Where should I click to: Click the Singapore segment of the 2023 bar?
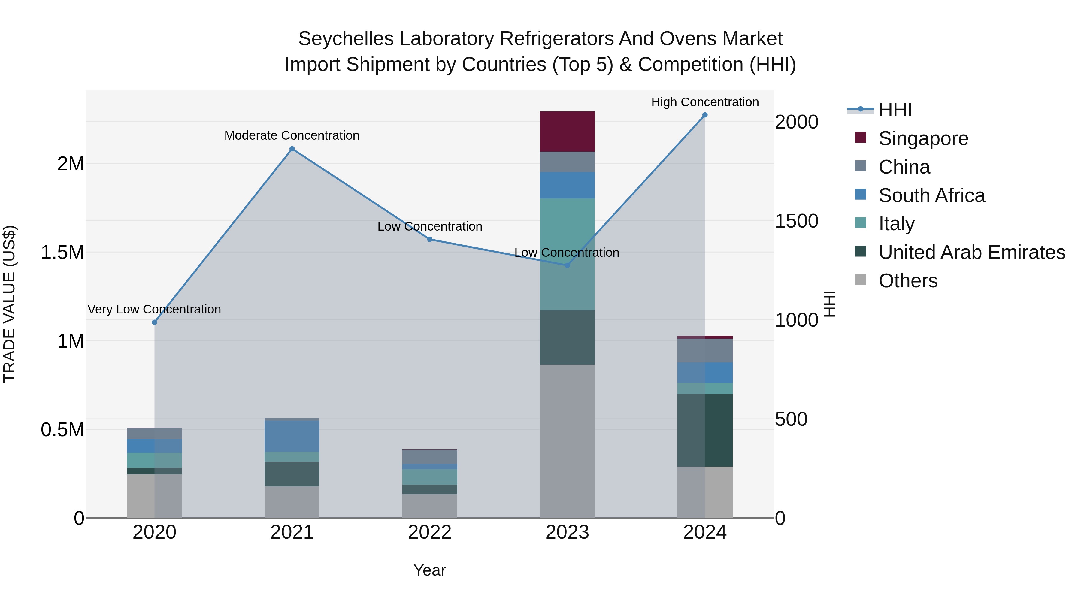pyautogui.click(x=567, y=131)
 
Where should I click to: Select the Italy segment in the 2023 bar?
pyautogui.click(x=567, y=254)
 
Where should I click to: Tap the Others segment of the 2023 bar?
pyautogui.click(x=567, y=440)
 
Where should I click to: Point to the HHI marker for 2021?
pyautogui.click(x=292, y=149)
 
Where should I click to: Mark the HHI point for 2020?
pyautogui.click(x=154, y=322)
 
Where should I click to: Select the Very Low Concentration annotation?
pyautogui.click(x=154, y=309)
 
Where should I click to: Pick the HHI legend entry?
pyautogui.click(x=895, y=110)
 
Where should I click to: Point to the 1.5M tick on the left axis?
pyautogui.click(x=62, y=253)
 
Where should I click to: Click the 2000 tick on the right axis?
pyautogui.click(x=796, y=122)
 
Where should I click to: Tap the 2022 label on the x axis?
pyautogui.click(x=429, y=532)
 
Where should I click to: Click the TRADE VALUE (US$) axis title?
pyautogui.click(x=10, y=304)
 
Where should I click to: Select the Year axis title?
pyautogui.click(x=429, y=570)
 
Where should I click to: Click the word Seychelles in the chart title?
pyautogui.click(x=345, y=39)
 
